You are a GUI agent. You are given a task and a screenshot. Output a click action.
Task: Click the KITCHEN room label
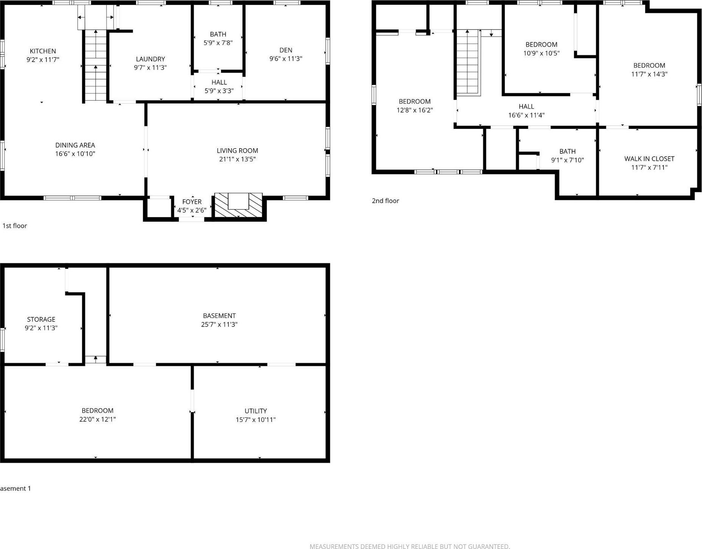point(43,51)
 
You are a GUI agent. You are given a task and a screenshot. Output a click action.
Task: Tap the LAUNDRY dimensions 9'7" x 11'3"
point(150,68)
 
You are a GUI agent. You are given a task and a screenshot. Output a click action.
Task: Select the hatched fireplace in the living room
point(238,205)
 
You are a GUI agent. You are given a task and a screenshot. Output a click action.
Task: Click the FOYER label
point(192,202)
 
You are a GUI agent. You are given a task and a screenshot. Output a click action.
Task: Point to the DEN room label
point(286,50)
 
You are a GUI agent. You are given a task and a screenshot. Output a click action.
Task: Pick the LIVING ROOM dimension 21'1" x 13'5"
point(237,159)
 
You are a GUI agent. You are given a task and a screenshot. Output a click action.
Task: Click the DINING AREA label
point(75,145)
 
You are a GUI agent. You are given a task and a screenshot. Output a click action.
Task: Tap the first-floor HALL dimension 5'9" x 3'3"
point(219,91)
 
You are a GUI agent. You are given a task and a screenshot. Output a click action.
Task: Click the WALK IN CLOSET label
point(649,159)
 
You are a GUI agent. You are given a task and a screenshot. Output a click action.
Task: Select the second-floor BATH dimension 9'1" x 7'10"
point(567,160)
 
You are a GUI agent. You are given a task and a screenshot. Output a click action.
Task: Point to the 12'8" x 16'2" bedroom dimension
point(414,110)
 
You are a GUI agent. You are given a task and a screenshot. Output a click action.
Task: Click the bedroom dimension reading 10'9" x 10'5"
point(541,53)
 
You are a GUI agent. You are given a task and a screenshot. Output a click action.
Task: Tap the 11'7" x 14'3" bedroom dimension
point(649,74)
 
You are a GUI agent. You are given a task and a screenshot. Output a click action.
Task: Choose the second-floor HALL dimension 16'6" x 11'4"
point(526,115)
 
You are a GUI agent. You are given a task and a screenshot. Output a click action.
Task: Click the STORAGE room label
point(41,319)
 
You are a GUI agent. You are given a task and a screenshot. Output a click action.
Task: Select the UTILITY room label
point(255,411)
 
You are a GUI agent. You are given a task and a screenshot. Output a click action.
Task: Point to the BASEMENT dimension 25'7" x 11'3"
point(219,324)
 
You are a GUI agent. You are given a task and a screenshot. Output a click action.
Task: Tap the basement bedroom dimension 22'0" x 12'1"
point(97,419)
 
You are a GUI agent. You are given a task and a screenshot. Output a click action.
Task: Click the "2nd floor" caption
point(385,201)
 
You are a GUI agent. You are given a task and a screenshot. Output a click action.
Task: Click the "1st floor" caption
point(15,226)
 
